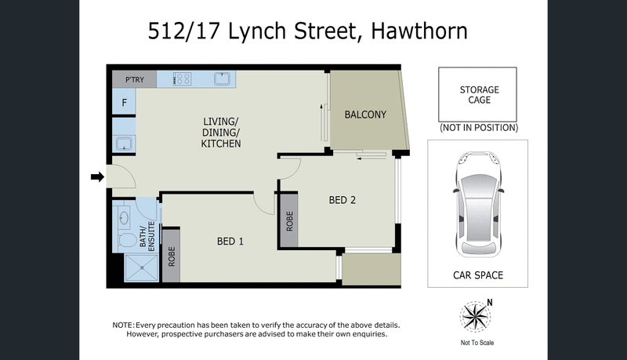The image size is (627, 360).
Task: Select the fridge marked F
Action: tap(124, 102)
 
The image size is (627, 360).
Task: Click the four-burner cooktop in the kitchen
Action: tap(183, 79)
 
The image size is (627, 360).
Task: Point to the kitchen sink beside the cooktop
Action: tap(222, 78)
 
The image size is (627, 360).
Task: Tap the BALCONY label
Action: tap(365, 115)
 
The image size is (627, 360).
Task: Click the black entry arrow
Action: tap(97, 178)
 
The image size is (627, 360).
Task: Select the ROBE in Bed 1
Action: tap(172, 255)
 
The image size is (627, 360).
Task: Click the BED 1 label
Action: tap(230, 241)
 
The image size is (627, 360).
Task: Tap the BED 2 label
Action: tap(342, 200)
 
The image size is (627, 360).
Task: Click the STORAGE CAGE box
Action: tap(479, 95)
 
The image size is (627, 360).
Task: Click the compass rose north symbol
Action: tap(477, 318)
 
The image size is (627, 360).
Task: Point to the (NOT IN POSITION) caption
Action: tap(479, 127)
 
